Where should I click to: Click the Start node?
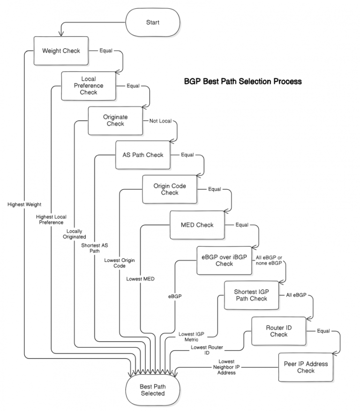[152, 22]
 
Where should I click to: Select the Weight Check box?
[61, 51]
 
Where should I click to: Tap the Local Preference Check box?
[89, 86]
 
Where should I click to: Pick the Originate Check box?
[115, 120]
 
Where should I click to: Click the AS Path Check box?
[143, 155]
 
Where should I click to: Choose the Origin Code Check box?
[170, 189]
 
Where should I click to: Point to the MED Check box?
[197, 225]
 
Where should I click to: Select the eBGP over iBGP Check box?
[224, 260]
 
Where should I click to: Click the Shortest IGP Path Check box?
[251, 295]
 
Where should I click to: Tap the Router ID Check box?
[278, 331]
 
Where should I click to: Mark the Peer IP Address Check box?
[306, 367]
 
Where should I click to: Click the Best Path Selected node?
[152, 390]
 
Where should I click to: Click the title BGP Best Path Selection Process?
[242, 81]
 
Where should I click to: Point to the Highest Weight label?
[24, 204]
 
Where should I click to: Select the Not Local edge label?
[160, 121]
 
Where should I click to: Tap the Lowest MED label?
[140, 279]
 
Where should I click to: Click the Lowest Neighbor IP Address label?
[226, 367]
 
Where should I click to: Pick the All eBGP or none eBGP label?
[269, 260]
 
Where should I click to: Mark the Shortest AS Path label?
[95, 247]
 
